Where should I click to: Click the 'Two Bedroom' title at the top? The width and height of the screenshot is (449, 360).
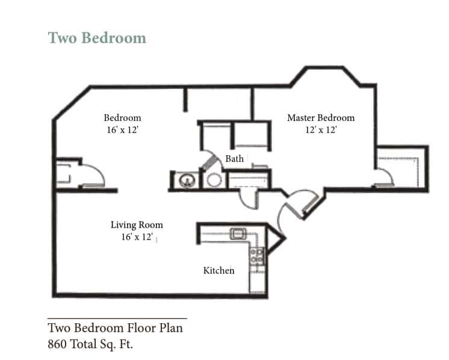tap(97, 38)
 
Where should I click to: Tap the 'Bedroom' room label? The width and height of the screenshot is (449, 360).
tap(122, 118)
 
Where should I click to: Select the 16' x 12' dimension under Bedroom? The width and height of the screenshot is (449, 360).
tap(122, 130)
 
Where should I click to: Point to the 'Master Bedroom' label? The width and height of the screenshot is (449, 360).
tap(320, 118)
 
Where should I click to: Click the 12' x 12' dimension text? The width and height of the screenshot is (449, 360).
tap(320, 130)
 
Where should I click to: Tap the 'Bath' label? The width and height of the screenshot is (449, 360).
tap(234, 159)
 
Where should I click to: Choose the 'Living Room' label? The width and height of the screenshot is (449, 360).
tap(137, 225)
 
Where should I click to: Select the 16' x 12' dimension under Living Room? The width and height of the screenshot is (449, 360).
tap(137, 237)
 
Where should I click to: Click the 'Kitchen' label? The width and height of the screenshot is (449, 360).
tap(218, 271)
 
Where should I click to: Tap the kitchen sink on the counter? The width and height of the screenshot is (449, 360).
tap(237, 234)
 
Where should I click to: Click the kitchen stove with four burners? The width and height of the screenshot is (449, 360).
tap(257, 255)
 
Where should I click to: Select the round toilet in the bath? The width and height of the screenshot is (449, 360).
tap(213, 180)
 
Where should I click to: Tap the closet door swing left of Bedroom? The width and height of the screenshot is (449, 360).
tap(93, 175)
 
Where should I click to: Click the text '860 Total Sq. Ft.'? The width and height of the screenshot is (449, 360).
tap(90, 345)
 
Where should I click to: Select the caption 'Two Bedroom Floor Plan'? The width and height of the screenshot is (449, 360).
tap(115, 328)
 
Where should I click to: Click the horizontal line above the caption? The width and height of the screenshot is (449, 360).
tap(117, 318)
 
